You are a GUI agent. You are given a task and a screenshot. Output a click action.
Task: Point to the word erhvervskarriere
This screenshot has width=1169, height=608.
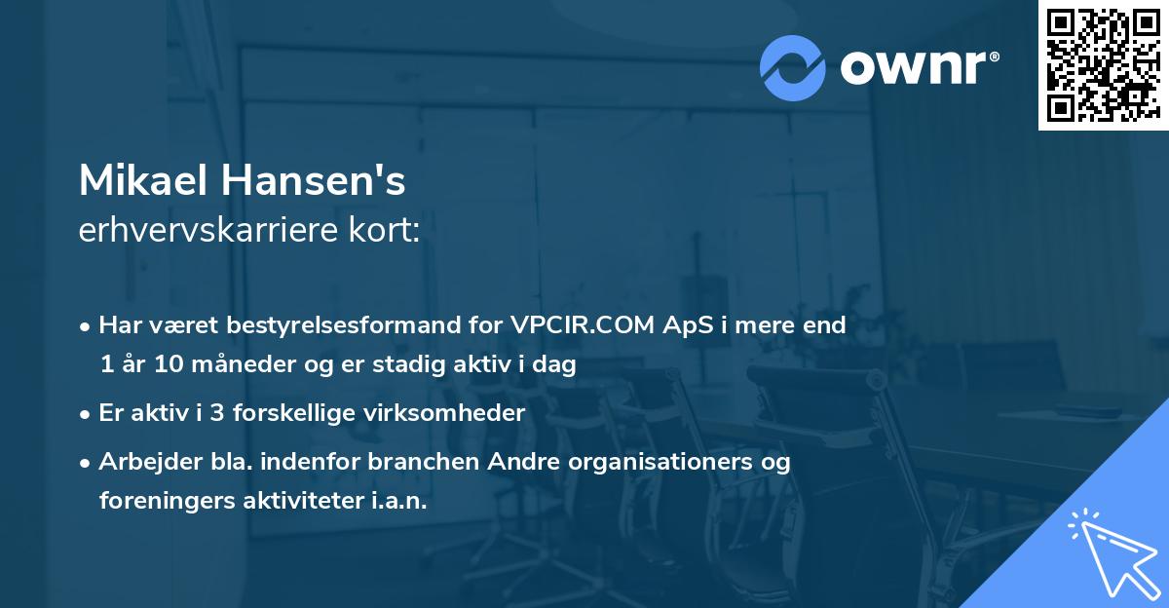pyautogui.click(x=203, y=232)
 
